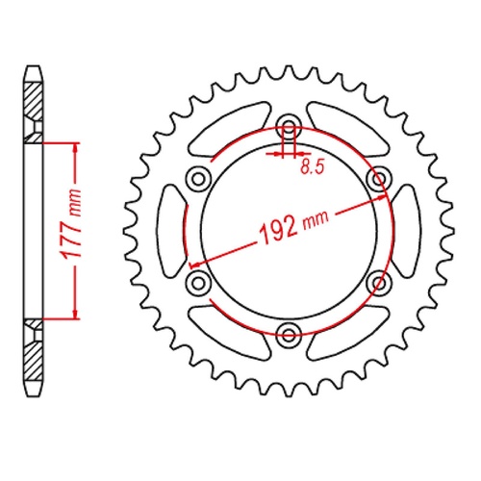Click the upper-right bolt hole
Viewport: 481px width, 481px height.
pos(378,179)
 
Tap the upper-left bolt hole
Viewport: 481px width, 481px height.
pos(199,179)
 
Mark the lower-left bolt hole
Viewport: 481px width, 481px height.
pos(199,282)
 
